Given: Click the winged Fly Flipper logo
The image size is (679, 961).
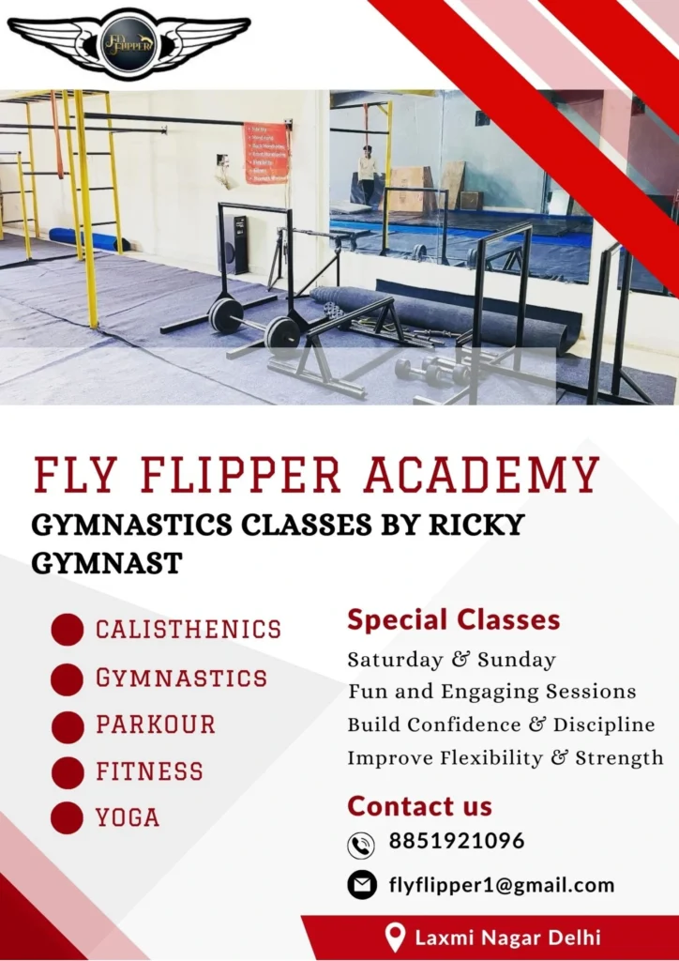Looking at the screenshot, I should coord(128,42).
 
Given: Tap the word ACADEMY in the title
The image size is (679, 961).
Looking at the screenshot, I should coord(482,475).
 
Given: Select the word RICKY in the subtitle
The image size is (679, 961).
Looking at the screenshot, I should coord(475,524).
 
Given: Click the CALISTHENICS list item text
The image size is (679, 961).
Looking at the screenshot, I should coord(189,629).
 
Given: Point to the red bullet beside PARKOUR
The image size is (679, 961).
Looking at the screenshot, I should coord(68,726).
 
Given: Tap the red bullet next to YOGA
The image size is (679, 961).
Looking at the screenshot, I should coord(68,818).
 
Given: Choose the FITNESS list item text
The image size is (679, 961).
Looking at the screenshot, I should coord(149,771).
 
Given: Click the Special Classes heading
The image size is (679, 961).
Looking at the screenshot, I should coord(454,619).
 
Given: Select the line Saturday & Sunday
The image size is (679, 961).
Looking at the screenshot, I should coord(451,660).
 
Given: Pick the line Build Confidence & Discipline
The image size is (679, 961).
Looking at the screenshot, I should coord(501,725).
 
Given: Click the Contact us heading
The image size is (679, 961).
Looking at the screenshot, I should coord(419,806).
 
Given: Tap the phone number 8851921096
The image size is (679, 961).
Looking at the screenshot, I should coord(457,841).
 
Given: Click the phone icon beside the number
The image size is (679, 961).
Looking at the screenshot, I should coord(361,845).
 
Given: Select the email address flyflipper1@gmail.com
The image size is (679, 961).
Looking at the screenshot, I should coord(502,884).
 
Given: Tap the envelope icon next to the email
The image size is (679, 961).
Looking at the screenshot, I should coord(362,884).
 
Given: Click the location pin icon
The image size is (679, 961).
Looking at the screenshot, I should coord(396,937).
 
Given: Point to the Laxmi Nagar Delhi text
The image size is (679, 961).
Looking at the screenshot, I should coord(507,937).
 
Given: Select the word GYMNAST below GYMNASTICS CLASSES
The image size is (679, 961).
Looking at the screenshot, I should coord(107,563).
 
